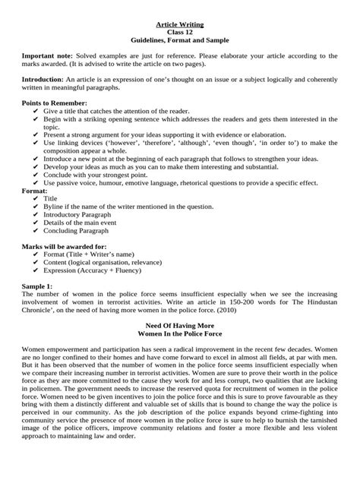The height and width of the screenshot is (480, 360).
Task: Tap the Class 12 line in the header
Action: tap(180, 32)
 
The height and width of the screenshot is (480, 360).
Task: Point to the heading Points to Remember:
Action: tap(55, 103)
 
